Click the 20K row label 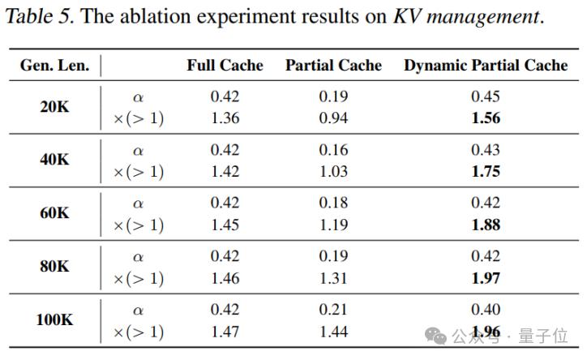tap(54, 107)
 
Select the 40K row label tap(54, 160)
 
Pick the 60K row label tap(54, 213)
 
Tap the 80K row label tap(54, 267)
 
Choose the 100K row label tap(54, 320)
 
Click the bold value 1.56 tap(486, 118)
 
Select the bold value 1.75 tap(486, 171)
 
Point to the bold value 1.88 tap(486, 225)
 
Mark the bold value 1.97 tap(486, 278)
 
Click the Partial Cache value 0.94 tap(333, 118)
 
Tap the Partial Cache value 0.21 tap(333, 310)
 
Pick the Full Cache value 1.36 tap(225, 118)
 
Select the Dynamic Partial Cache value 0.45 tap(486, 96)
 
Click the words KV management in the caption tap(465, 18)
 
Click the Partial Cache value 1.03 tap(333, 171)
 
